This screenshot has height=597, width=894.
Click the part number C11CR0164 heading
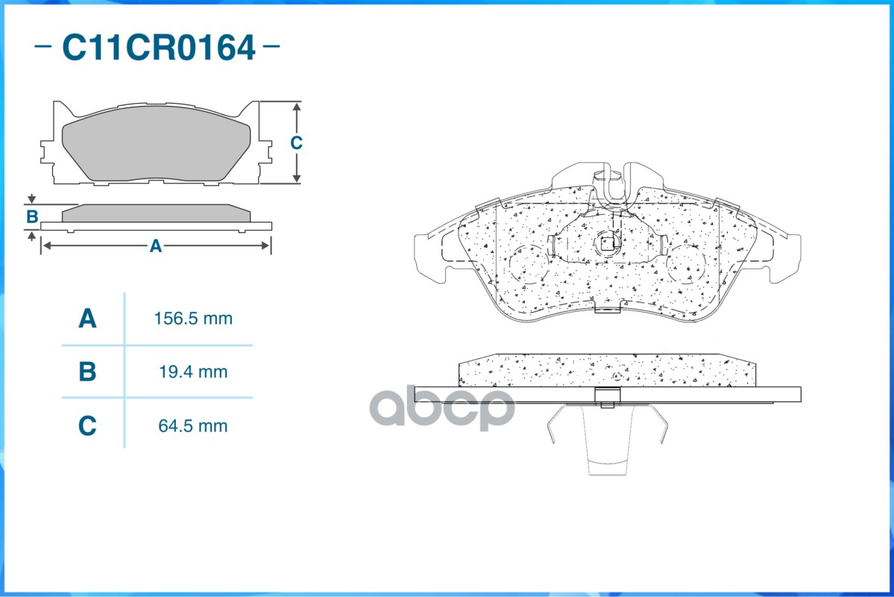[158, 47]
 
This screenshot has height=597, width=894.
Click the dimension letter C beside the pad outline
[296, 143]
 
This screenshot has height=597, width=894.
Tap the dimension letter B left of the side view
[33, 216]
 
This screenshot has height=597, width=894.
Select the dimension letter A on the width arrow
[156, 246]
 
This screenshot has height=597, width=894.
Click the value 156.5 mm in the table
[193, 319]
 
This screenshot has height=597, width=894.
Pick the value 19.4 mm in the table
[193, 372]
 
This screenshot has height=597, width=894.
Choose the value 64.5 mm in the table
[192, 426]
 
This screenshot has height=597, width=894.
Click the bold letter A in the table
[87, 319]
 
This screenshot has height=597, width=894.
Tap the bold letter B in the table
[87, 372]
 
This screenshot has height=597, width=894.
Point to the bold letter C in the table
[87, 426]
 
